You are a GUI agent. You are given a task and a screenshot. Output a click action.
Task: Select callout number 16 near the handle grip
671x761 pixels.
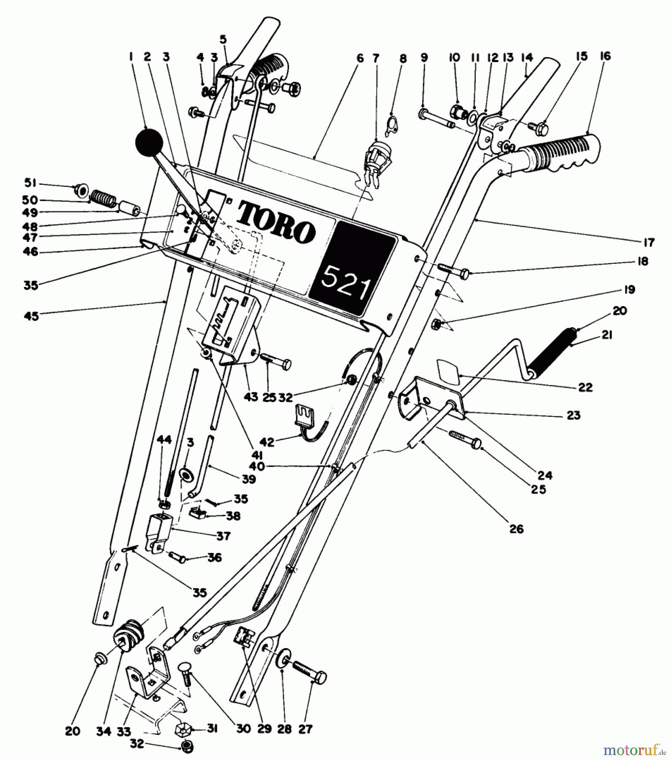605,56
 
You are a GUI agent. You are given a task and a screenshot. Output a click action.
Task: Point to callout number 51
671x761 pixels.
30,183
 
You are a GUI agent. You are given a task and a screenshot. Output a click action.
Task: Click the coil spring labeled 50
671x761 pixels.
104,198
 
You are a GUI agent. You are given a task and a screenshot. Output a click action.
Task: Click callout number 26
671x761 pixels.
516,529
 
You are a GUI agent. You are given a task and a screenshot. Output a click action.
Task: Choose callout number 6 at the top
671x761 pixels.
360,57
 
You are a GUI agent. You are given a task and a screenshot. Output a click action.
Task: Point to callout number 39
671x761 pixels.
249,479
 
